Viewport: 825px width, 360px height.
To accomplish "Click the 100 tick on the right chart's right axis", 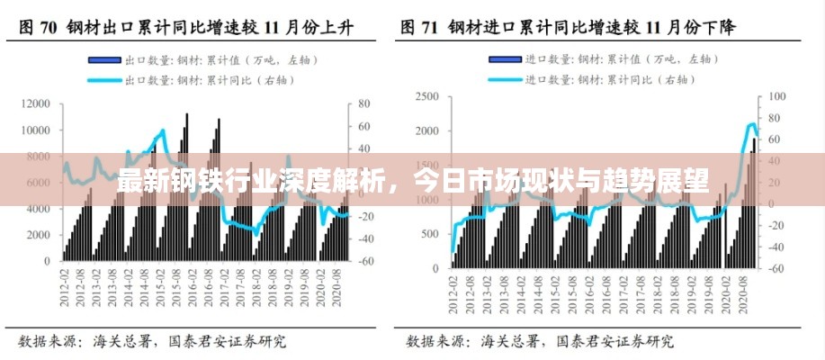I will [x=776, y=96].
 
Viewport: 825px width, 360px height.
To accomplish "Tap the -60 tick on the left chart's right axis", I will [x=365, y=261].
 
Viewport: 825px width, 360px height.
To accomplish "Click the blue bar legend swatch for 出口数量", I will [x=104, y=60].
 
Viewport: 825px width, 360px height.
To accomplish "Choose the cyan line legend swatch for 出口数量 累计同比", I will [x=104, y=79].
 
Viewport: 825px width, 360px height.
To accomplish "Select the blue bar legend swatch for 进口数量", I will [x=506, y=60].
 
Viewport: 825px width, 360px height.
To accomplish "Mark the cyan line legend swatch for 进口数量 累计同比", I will [x=506, y=79].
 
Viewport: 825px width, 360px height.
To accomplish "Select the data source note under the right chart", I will [x=540, y=342].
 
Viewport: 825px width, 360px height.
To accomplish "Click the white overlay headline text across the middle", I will [x=412, y=180].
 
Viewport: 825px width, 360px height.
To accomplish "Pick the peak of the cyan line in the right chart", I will [x=753, y=124].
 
